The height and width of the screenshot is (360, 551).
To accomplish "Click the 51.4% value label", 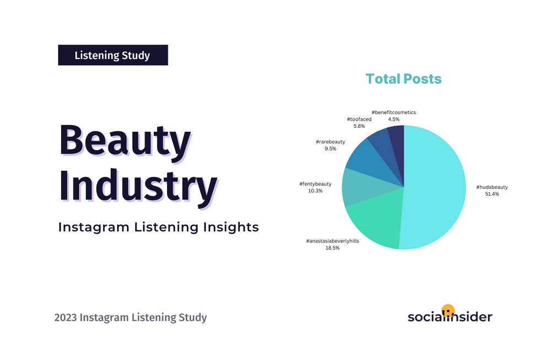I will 491,194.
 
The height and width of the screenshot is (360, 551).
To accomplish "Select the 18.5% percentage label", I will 332,248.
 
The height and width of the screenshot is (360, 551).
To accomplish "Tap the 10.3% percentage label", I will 315,191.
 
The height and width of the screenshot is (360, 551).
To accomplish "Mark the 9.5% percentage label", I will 330,149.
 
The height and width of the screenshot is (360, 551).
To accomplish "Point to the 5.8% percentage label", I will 359,126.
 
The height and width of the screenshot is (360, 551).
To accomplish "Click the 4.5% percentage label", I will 393,119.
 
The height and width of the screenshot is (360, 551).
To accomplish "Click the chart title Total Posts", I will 403,79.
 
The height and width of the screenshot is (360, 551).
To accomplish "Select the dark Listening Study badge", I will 113,55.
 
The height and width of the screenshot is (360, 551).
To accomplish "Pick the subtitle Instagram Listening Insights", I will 159,227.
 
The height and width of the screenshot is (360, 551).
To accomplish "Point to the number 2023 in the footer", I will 66,318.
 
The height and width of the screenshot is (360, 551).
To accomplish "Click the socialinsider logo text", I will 450,317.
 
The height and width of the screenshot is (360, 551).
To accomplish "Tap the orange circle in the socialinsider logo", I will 449,309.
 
